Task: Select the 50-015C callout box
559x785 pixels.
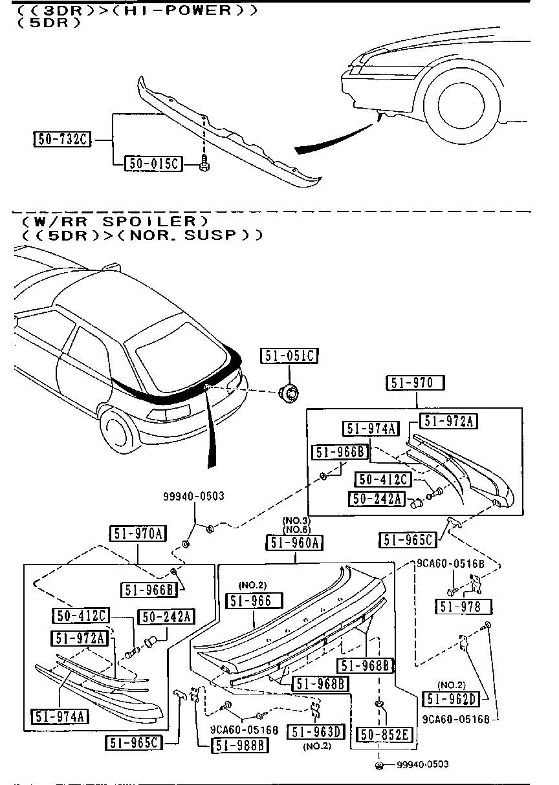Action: point(153,164)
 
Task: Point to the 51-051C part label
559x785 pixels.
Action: point(289,355)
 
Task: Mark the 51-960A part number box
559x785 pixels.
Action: point(294,542)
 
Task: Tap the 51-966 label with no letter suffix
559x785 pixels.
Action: point(254,601)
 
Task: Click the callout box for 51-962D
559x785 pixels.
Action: point(450,698)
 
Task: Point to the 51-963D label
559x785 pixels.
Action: point(317,731)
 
